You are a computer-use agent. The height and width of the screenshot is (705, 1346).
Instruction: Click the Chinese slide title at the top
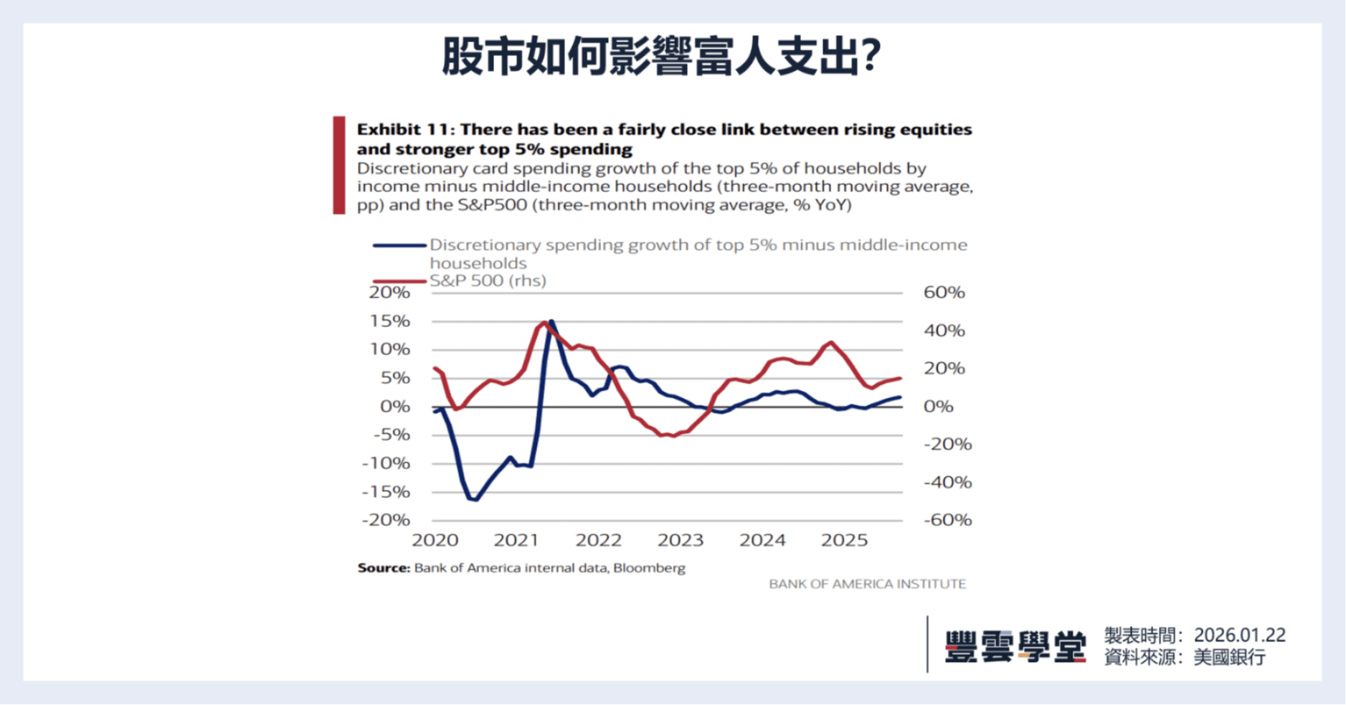pyautogui.click(x=660, y=56)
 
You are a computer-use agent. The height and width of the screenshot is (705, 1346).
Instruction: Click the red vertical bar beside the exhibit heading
pyautogui.click(x=339, y=165)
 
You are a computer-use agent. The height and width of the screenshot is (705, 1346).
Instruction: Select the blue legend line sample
pyautogui.click(x=399, y=245)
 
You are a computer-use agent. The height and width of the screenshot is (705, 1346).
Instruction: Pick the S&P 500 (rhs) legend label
pyautogui.click(x=488, y=280)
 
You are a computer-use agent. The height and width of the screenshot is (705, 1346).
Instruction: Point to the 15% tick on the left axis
pyautogui.click(x=390, y=321)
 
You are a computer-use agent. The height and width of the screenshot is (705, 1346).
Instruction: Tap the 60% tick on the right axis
pyautogui.click(x=944, y=292)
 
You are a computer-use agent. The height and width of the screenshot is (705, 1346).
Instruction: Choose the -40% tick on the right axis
pyautogui.click(x=947, y=482)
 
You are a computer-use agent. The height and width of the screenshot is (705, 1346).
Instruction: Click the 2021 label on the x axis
pyautogui.click(x=516, y=540)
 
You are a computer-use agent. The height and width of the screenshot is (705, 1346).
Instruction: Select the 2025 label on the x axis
pyautogui.click(x=844, y=540)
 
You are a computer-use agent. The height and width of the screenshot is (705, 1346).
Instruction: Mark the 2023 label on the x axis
pyautogui.click(x=681, y=540)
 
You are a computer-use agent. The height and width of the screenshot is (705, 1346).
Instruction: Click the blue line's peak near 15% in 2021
pyautogui.click(x=551, y=321)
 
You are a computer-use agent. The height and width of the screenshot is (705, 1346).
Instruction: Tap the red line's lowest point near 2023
pyautogui.click(x=672, y=435)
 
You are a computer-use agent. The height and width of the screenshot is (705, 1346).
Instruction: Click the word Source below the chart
pyautogui.click(x=383, y=568)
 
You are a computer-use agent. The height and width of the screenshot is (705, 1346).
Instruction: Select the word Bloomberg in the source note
pyautogui.click(x=649, y=568)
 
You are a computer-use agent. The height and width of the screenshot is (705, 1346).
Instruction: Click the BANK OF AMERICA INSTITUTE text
pyautogui.click(x=867, y=584)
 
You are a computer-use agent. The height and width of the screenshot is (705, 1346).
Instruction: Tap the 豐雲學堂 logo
pyautogui.click(x=1015, y=645)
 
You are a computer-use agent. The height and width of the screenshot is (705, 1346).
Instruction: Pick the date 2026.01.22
pyautogui.click(x=1239, y=635)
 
